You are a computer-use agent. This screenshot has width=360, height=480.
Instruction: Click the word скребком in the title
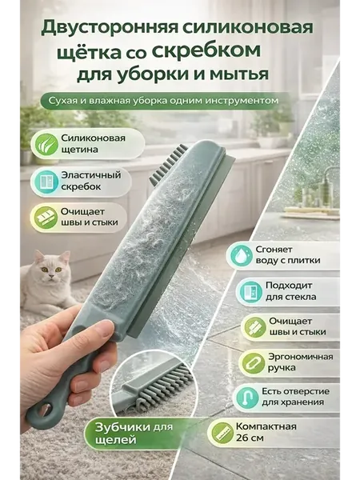[206, 50]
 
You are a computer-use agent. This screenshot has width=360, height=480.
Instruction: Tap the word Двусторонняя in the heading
[110, 28]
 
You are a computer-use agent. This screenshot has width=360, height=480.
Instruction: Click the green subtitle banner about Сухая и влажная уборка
[164, 101]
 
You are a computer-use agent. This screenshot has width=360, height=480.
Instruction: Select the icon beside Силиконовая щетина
[46, 144]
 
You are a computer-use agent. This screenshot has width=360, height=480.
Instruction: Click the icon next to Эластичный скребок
[46, 182]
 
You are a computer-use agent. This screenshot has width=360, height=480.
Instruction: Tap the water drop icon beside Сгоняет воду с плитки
[240, 255]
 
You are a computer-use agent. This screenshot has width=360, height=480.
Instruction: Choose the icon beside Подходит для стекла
[249, 291]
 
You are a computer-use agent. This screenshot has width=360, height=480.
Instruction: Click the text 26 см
[249, 438]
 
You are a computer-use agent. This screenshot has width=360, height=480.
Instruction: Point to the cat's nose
[51, 275]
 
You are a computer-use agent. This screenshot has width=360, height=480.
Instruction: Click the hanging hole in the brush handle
[45, 410]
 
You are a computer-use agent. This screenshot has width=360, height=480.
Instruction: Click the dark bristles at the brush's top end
[168, 164]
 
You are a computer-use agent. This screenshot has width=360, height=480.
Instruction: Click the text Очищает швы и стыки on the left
[90, 217]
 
